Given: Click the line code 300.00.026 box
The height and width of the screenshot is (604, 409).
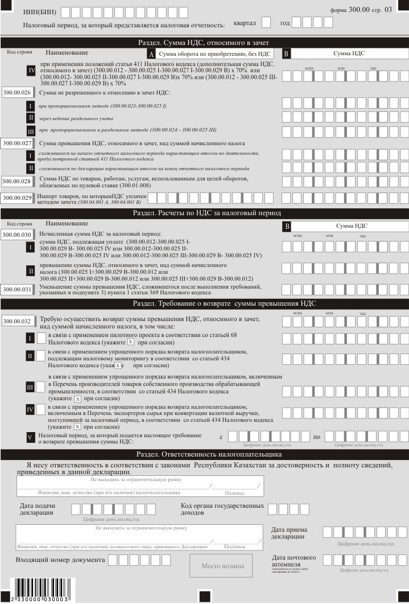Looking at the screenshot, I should (x=18, y=92).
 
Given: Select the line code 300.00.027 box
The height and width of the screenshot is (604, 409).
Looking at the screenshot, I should (x=18, y=143).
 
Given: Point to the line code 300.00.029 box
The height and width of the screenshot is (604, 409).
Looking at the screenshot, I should (x=17, y=198).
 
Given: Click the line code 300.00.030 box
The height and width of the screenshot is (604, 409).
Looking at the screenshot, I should (x=17, y=233).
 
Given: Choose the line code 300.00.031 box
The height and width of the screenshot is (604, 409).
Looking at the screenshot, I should (x=17, y=289).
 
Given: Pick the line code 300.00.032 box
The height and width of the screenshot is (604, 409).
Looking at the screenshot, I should (x=17, y=321).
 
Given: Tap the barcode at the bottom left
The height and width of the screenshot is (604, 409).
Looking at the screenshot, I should (x=40, y=589).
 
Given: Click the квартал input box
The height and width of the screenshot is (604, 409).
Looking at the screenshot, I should (x=266, y=23).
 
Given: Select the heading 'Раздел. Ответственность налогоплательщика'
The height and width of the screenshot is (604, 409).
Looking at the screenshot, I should (x=204, y=454).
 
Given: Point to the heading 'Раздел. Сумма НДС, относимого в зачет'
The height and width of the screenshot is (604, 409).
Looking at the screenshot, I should (x=204, y=43).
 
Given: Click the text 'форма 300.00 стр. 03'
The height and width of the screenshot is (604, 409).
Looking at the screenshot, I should (x=369, y=10).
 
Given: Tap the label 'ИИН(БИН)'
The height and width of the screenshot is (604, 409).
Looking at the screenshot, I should (x=39, y=12).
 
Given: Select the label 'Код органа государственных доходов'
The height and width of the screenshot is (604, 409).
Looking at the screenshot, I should (x=222, y=509).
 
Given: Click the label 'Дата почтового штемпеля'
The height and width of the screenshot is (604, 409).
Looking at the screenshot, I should (x=294, y=560).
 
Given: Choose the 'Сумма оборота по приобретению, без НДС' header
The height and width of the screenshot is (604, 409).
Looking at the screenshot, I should (x=215, y=54).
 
